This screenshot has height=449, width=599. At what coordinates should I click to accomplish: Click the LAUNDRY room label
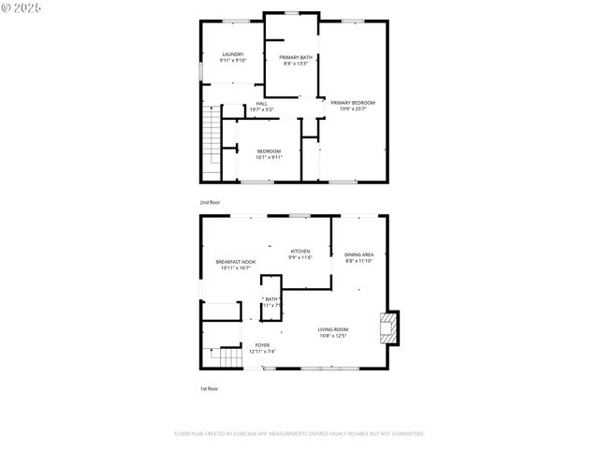(233, 54)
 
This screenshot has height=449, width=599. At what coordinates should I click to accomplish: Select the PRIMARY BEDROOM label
(353, 102)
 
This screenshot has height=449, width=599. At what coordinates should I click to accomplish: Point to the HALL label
(261, 104)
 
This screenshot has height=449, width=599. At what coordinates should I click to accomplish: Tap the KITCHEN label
(299, 251)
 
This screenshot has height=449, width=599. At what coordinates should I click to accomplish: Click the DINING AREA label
(359, 254)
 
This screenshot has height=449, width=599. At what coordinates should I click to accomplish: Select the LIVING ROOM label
(332, 329)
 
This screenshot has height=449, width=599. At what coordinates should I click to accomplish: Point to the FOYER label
(262, 345)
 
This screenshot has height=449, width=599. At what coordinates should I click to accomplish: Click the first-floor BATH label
(271, 299)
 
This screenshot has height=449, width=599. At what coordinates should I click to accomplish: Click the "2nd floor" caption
(210, 202)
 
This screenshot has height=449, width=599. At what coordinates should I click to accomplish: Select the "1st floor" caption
(209, 388)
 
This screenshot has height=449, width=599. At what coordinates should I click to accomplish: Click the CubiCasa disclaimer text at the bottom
(299, 434)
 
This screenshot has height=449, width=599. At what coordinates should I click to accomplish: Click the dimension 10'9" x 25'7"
(353, 109)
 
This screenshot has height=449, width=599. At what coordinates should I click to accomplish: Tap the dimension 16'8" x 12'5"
(332, 336)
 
